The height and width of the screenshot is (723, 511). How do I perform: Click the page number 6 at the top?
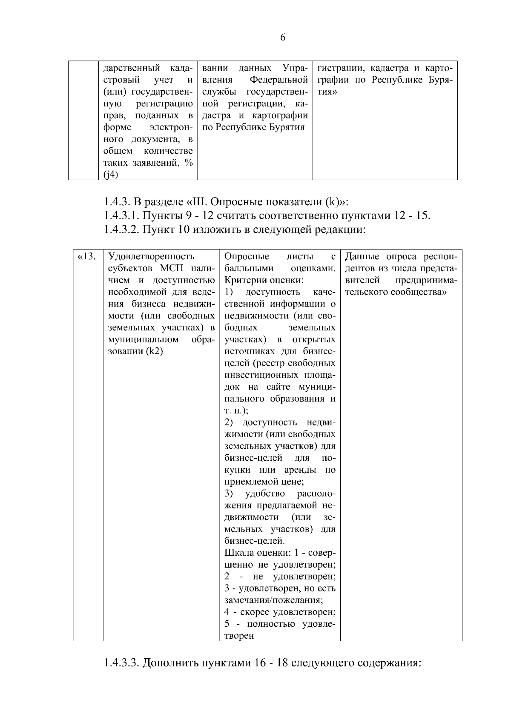[x=283, y=37]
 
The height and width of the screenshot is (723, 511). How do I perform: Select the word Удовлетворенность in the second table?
[x=151, y=256]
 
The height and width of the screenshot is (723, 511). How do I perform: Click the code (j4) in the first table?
[x=111, y=175]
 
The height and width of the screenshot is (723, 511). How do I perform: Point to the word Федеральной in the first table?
[x=279, y=80]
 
